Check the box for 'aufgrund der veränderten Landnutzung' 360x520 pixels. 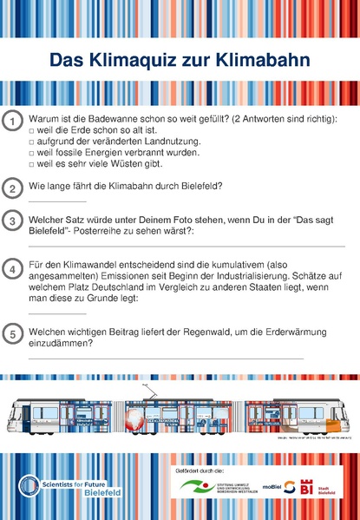(31, 142)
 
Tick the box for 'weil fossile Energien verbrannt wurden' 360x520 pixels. (31, 153)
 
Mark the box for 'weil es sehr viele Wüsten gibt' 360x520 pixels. (31, 164)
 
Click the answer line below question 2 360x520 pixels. (57, 201)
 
